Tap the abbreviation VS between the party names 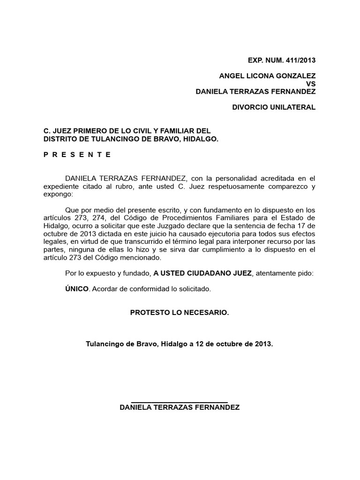tap(311, 83)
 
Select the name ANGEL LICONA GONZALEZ tap(268, 75)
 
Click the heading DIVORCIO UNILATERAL tap(274, 107)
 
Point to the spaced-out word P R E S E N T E tap(77, 154)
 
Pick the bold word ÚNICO tap(77, 289)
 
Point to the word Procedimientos tap(185, 217)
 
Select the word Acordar tap(104, 289)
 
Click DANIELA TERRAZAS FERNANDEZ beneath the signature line tap(180, 408)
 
